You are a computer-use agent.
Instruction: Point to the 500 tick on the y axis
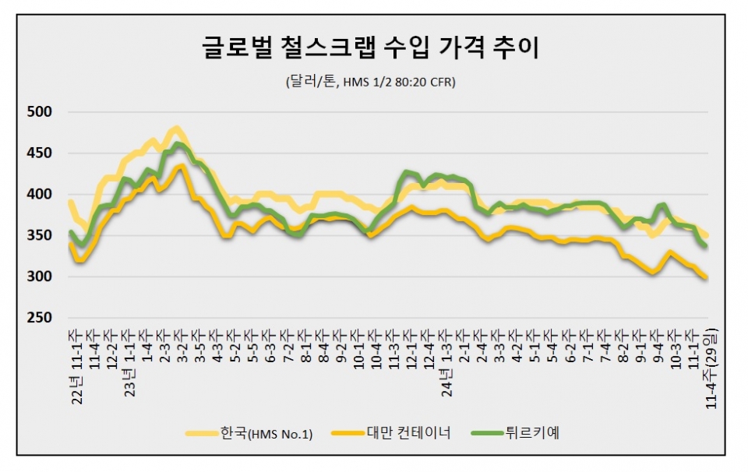(38, 112)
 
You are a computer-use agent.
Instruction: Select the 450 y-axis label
(38, 153)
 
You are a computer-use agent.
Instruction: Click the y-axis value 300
(38, 277)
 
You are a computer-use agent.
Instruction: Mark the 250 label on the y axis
(38, 318)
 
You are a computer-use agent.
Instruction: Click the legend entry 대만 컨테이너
(406, 434)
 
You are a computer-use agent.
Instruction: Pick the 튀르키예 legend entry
(532, 434)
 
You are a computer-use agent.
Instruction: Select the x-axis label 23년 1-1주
(131, 362)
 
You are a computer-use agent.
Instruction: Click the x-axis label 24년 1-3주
(447, 362)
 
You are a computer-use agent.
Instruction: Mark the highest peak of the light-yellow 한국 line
(177, 128)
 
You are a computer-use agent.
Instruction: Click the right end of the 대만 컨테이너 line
(705, 277)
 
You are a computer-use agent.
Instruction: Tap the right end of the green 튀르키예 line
(705, 246)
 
